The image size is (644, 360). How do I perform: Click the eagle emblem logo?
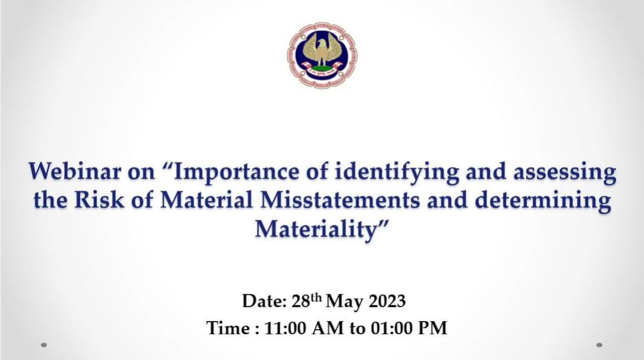322,55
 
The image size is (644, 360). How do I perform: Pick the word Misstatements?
341,200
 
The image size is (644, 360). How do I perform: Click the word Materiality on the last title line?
316,229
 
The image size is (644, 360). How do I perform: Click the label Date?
264,301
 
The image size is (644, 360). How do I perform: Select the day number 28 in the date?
301,301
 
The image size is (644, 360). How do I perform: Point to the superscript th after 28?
316,297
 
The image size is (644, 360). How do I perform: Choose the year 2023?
387,301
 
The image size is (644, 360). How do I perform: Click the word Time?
228,328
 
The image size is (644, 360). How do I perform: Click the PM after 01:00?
432,328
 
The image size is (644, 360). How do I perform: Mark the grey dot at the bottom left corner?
44,346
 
